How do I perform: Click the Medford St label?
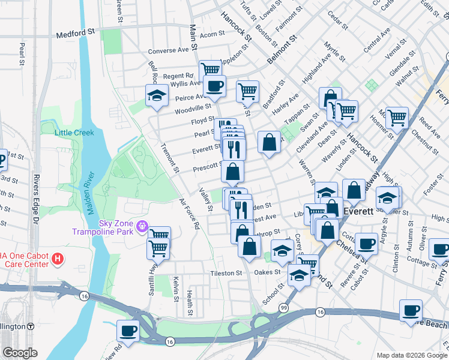tap(76, 35)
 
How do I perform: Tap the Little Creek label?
tap(74, 133)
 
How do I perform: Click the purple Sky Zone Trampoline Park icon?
tap(142, 226)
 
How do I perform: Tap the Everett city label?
tap(359, 211)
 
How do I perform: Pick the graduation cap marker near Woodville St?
tap(157, 95)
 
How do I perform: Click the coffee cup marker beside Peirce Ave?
tap(215, 86)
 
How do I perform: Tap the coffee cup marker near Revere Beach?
tap(411, 310)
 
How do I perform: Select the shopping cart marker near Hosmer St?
tap(397, 117)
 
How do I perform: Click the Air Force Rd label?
tap(189, 215)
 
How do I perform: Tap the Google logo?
tap(20, 353)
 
